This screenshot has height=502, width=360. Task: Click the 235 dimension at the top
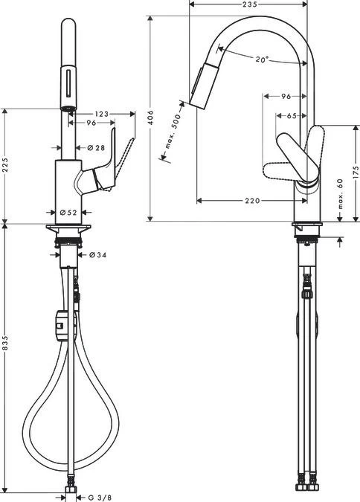coord(249,5)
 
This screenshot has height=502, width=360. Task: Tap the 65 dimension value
coord(291,116)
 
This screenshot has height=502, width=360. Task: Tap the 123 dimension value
coord(103,113)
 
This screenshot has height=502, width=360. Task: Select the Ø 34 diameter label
coord(98,255)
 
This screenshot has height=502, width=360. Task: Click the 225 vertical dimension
coord(7,165)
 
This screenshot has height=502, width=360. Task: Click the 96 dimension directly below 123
coord(91,123)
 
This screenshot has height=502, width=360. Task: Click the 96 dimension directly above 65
coord(286,97)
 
